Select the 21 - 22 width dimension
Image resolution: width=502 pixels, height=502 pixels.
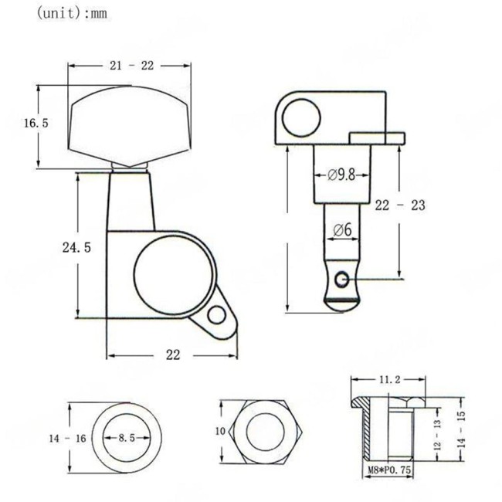click(x=131, y=66)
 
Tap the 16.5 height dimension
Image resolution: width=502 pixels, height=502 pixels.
click(x=36, y=123)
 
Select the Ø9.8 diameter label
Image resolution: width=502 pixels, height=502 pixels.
click(x=341, y=175)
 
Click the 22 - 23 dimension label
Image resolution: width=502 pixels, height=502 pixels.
click(x=400, y=205)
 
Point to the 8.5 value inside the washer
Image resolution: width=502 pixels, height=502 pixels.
click(x=127, y=438)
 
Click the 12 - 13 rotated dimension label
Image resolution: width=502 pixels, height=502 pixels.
click(x=437, y=437)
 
